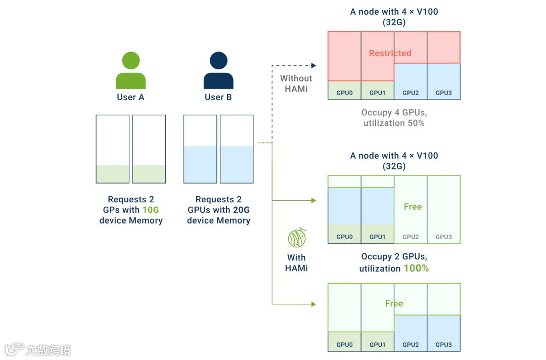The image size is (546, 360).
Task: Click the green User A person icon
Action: (130, 70)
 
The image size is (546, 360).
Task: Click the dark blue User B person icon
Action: (218, 70)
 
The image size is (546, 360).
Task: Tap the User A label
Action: (130, 97)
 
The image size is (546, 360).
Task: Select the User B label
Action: (218, 97)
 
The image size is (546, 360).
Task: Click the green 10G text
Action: (151, 210)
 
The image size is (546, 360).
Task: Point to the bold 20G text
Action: (241, 210)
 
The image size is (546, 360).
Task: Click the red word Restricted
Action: (390, 53)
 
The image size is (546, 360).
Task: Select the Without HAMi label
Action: (296, 83)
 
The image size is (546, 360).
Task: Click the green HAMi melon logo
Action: (297, 238)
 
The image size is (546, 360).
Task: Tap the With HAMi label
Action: (296, 263)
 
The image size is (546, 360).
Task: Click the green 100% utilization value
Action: (416, 268)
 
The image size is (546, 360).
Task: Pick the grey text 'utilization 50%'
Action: (394, 123)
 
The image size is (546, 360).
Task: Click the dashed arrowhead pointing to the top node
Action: (314, 65)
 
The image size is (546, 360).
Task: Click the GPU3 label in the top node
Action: (444, 93)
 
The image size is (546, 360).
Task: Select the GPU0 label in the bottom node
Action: (344, 345)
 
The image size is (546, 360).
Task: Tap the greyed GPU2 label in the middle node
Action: (411, 237)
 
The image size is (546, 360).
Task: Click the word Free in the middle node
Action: (413, 207)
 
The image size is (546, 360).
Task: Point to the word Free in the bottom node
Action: (394, 303)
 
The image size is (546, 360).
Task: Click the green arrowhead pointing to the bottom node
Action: (314, 304)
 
